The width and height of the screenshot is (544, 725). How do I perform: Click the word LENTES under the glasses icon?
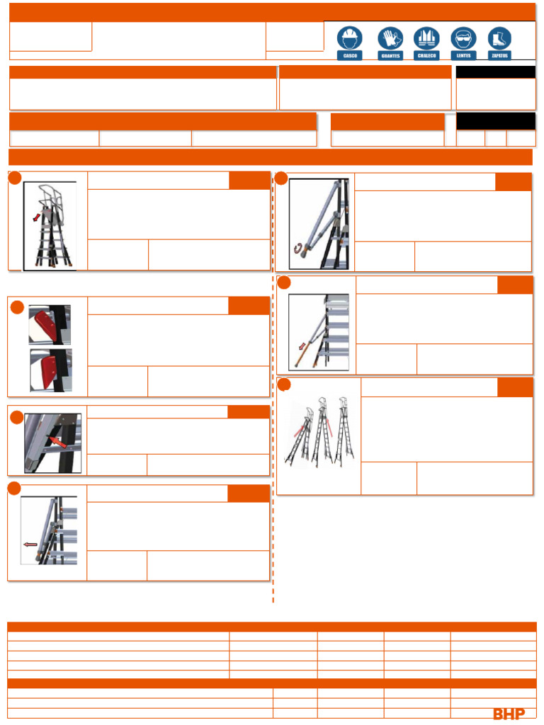(463, 55)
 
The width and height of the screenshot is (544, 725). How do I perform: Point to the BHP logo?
(509, 714)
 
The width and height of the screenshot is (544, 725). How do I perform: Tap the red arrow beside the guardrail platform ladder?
(37, 216)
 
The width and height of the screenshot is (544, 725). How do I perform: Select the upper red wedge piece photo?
(50, 324)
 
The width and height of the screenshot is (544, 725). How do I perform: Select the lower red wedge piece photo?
(50, 369)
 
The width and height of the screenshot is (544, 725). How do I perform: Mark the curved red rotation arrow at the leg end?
(298, 247)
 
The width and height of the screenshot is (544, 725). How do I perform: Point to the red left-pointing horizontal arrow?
(30, 545)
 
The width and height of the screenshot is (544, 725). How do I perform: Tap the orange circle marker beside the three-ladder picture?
(284, 384)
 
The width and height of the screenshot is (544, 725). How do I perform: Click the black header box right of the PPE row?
(495, 72)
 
